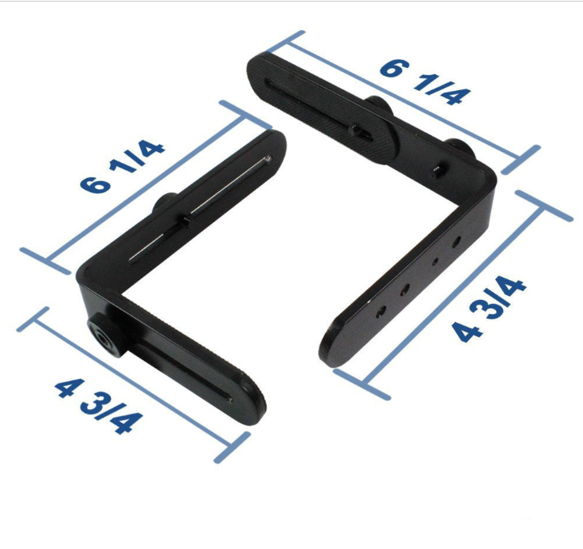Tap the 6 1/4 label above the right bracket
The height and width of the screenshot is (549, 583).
426,81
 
